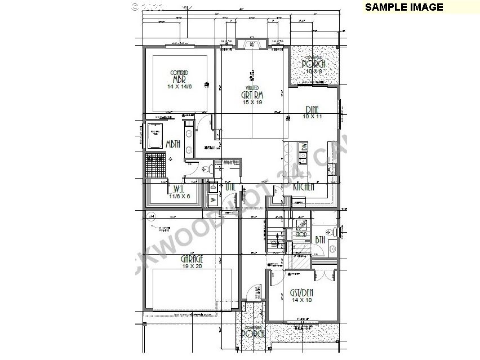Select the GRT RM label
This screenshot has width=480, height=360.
tap(252, 95)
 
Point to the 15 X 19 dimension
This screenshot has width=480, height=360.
tap(252, 103)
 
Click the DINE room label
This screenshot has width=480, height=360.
tap(313, 109)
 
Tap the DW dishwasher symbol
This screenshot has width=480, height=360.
tap(304, 147)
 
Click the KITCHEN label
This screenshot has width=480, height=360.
tap(303, 187)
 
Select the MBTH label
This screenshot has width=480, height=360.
tap(172, 144)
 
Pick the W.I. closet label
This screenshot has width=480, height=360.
tap(180, 189)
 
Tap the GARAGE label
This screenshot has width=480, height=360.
tap(192, 259)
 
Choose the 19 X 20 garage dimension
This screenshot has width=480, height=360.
tap(192, 266)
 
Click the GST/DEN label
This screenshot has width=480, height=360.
tap(301, 292)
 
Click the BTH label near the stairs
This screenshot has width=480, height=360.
tap(320, 240)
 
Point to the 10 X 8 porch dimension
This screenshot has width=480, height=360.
tap(313, 72)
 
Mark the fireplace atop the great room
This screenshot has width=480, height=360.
tap(248, 45)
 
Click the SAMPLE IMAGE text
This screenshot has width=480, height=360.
tap(404, 7)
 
